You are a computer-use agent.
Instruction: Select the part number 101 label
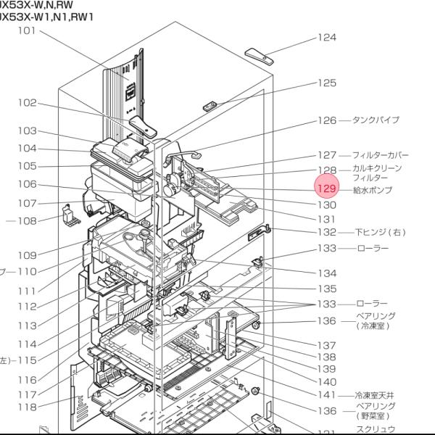pyautogui.click(x=28, y=30)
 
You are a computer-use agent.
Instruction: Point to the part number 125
pyautogui.click(x=327, y=83)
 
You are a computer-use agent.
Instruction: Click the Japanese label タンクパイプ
pyautogui.click(x=376, y=120)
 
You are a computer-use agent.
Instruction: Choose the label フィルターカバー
pyautogui.click(x=381, y=155)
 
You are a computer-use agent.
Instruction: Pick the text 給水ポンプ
pyautogui.click(x=372, y=189)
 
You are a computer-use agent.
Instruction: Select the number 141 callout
pyautogui.click(x=327, y=395)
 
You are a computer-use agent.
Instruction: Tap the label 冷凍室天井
pyautogui.click(x=376, y=395)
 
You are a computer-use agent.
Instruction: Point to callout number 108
pyautogui.click(x=28, y=221)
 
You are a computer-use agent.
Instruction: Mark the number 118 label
pyautogui.click(x=28, y=407)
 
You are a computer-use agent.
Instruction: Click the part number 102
pyautogui.click(x=28, y=103)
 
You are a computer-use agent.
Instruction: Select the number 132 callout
pyautogui.click(x=327, y=233)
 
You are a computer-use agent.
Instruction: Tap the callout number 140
pyautogui.click(x=327, y=381)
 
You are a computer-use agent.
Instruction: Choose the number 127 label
pyautogui.click(x=327, y=155)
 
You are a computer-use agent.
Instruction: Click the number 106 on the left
pyautogui.click(x=28, y=185)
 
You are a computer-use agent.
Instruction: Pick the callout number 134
pyautogui.click(x=327, y=273)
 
